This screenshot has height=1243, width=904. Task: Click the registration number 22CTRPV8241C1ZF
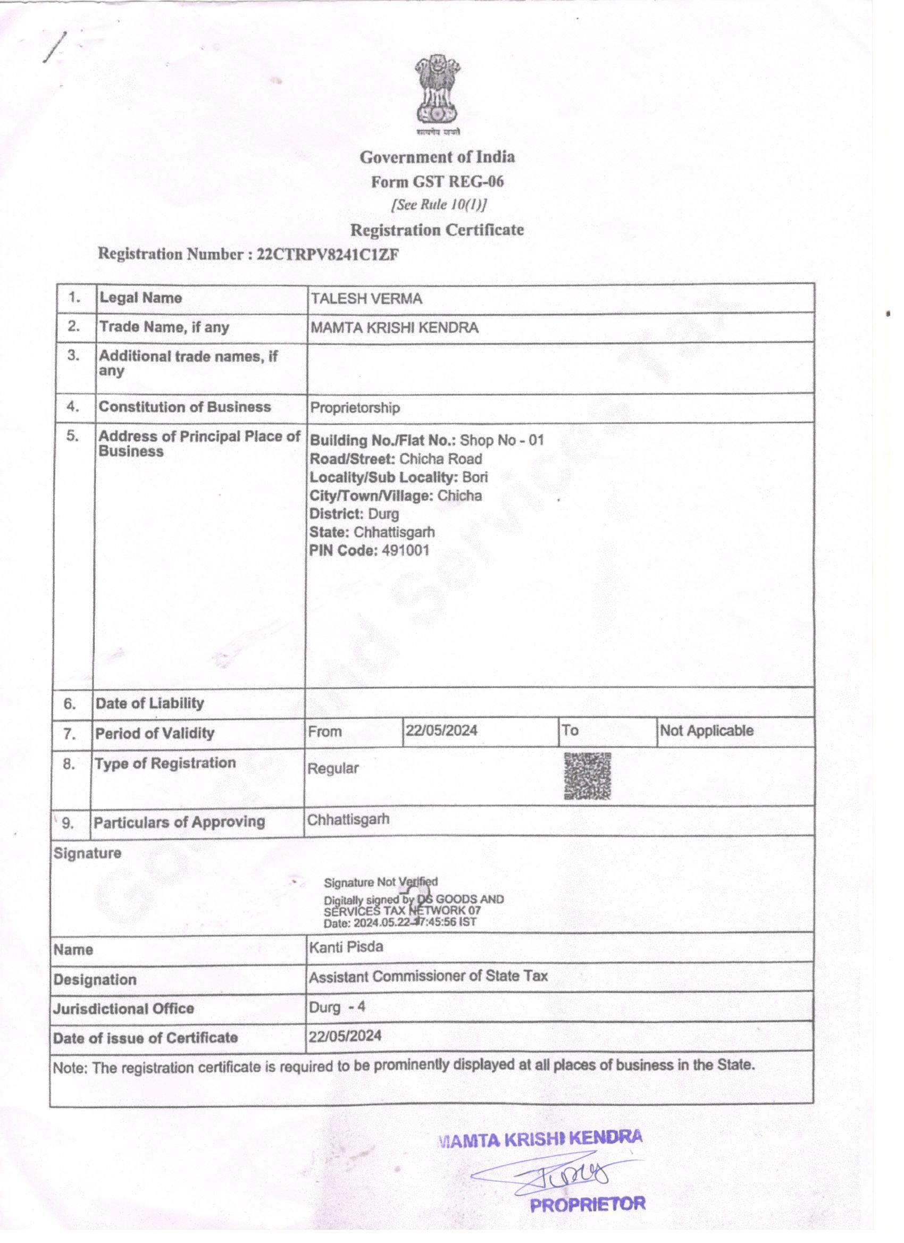327,255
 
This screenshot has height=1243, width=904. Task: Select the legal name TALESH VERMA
366,299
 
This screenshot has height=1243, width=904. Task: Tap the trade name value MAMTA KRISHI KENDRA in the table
394,327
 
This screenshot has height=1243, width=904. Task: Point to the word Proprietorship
355,408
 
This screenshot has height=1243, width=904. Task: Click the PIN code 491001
405,550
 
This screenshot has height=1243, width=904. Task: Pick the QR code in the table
587,776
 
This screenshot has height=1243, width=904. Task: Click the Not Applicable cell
706,730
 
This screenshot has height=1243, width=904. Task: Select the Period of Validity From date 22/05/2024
441,730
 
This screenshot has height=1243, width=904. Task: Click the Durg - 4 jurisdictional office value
337,1007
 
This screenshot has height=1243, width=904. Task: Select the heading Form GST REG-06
437,181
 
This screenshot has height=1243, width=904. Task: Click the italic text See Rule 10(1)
439,205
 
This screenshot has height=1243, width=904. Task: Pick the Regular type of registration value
333,768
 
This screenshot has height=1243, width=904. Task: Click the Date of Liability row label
149,704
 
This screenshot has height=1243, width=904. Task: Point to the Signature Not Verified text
380,883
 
